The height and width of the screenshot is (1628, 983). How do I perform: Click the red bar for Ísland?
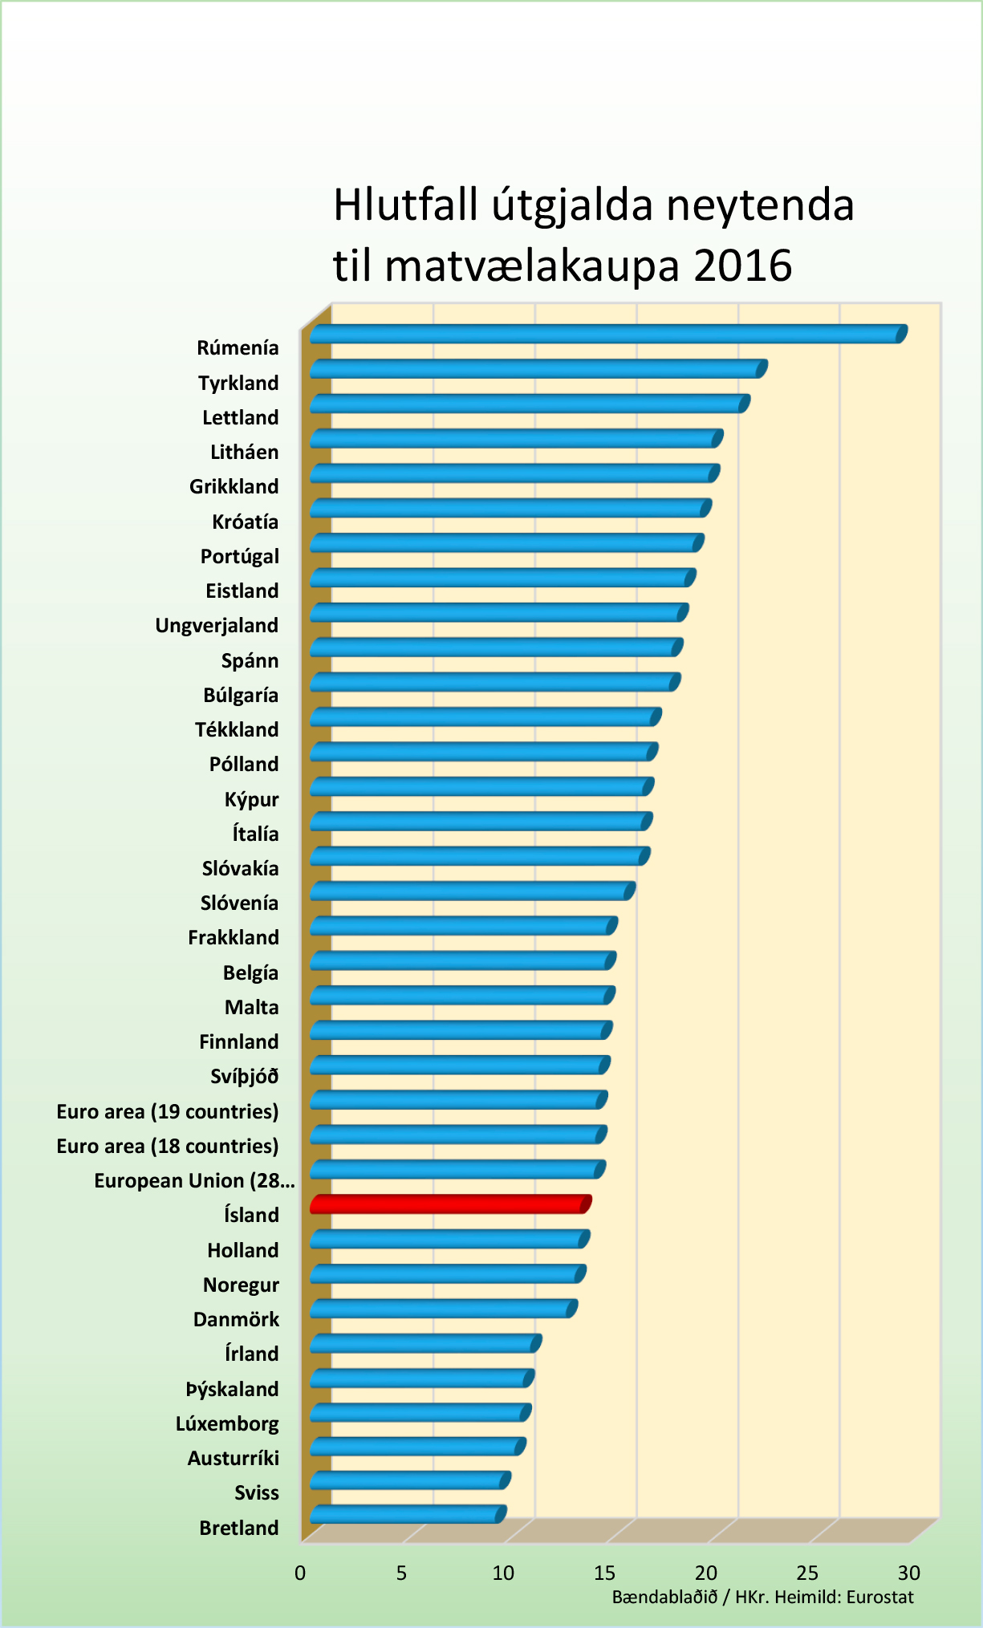pyautogui.click(x=449, y=1204)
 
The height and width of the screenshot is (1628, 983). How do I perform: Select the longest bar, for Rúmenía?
pyautogui.click(x=607, y=334)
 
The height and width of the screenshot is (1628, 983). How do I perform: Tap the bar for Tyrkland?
pyautogui.click(x=538, y=369)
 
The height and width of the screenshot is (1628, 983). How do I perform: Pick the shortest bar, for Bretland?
pyautogui.click(x=407, y=1514)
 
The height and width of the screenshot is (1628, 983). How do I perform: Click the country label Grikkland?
pyautogui.click(x=234, y=487)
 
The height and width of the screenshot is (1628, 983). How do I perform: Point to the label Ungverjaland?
pyautogui.click(x=217, y=626)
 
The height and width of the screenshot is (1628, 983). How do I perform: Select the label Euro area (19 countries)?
pyautogui.click(x=168, y=1112)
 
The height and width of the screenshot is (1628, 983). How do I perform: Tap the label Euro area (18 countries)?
pyautogui.click(x=168, y=1147)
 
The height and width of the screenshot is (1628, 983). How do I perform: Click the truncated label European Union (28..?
pyautogui.click(x=193, y=1181)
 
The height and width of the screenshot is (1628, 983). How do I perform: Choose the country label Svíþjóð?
pyautogui.click(x=244, y=1077)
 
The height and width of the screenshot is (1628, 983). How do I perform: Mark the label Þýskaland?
pyautogui.click(x=232, y=1390)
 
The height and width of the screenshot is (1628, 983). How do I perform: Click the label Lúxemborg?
pyautogui.click(x=227, y=1424)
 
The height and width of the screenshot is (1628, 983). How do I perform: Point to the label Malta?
pyautogui.click(x=251, y=1008)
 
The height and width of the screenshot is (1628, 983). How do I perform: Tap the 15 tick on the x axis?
pyautogui.click(x=604, y=1573)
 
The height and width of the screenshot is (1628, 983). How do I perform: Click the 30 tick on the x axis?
pyautogui.click(x=908, y=1573)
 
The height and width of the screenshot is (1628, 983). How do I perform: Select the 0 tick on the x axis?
pyautogui.click(x=300, y=1573)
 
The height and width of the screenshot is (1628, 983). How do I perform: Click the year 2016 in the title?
pyautogui.click(x=742, y=266)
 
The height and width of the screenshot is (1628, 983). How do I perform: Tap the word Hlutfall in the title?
pyautogui.click(x=405, y=205)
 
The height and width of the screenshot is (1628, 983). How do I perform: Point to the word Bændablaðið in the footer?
pyautogui.click(x=664, y=1597)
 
